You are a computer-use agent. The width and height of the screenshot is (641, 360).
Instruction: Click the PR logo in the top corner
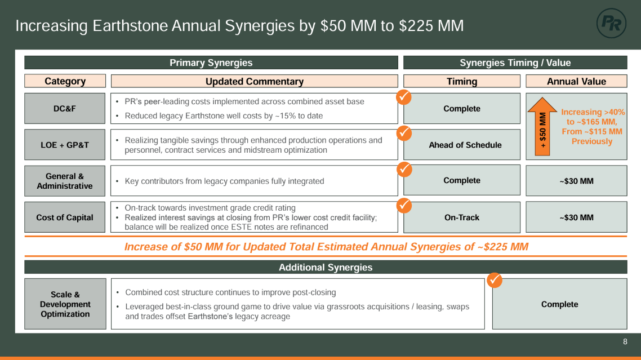(x=611, y=23)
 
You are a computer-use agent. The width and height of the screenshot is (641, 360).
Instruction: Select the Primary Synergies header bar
(x=211, y=63)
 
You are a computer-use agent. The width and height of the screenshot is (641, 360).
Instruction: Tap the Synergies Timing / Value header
(x=515, y=63)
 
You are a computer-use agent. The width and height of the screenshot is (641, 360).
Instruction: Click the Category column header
(x=65, y=81)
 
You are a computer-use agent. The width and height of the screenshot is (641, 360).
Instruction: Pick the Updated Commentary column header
(x=254, y=81)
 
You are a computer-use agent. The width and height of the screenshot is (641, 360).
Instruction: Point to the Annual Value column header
(x=576, y=81)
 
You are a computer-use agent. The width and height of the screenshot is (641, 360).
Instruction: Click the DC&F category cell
(x=65, y=108)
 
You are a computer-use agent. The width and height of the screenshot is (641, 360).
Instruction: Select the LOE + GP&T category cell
(x=65, y=145)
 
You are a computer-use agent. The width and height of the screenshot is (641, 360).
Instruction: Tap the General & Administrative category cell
(x=65, y=181)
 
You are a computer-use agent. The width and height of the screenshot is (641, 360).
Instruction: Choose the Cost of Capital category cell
(x=65, y=217)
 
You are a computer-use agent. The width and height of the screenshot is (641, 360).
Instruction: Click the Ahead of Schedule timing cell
(x=462, y=145)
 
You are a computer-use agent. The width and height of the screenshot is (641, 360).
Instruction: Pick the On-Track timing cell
(x=462, y=217)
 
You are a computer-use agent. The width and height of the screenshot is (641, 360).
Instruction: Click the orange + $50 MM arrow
(x=542, y=126)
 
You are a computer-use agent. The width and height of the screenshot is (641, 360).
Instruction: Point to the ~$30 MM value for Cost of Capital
(x=576, y=217)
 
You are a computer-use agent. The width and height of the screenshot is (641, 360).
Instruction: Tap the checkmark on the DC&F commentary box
(x=403, y=97)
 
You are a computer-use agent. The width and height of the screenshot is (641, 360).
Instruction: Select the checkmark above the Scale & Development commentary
(x=494, y=279)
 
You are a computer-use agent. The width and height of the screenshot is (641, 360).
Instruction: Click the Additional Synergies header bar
(x=326, y=267)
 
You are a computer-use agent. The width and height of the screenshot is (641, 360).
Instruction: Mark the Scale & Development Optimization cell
(x=65, y=304)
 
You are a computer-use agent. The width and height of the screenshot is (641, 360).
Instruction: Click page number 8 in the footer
(x=625, y=341)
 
